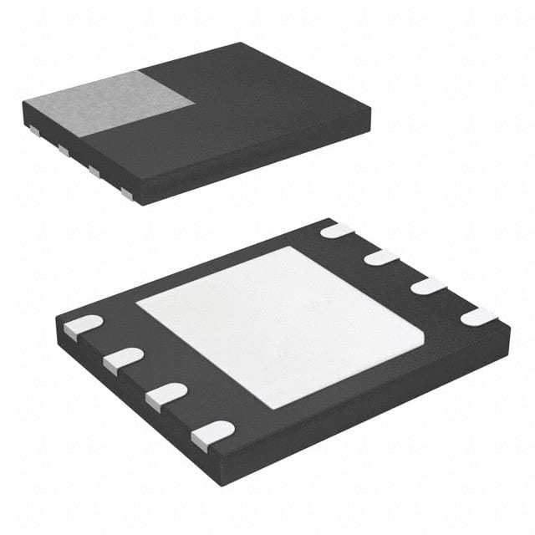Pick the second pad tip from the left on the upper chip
tap(63, 150)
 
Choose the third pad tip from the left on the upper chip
tap(94, 171)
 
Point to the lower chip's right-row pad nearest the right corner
tap(481, 316)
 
